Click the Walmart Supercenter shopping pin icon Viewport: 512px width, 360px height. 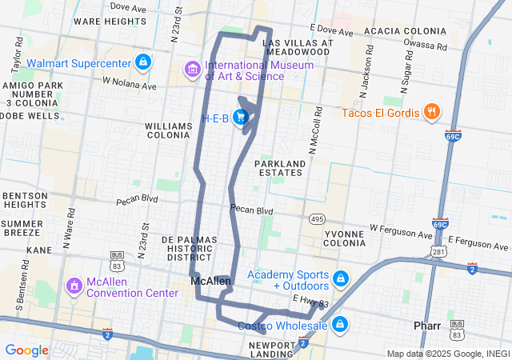point(142,62)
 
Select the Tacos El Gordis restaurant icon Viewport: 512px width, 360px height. point(431,112)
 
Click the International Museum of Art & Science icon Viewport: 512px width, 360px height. point(192,70)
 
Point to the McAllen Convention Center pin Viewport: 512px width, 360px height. point(74,286)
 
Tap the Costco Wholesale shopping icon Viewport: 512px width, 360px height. point(340,325)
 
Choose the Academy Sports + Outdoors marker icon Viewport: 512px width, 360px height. point(340,279)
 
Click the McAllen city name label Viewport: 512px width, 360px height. point(210,282)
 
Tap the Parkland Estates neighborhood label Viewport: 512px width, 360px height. point(280,169)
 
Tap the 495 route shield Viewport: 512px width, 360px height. point(318,218)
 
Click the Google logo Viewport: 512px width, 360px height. point(27,350)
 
